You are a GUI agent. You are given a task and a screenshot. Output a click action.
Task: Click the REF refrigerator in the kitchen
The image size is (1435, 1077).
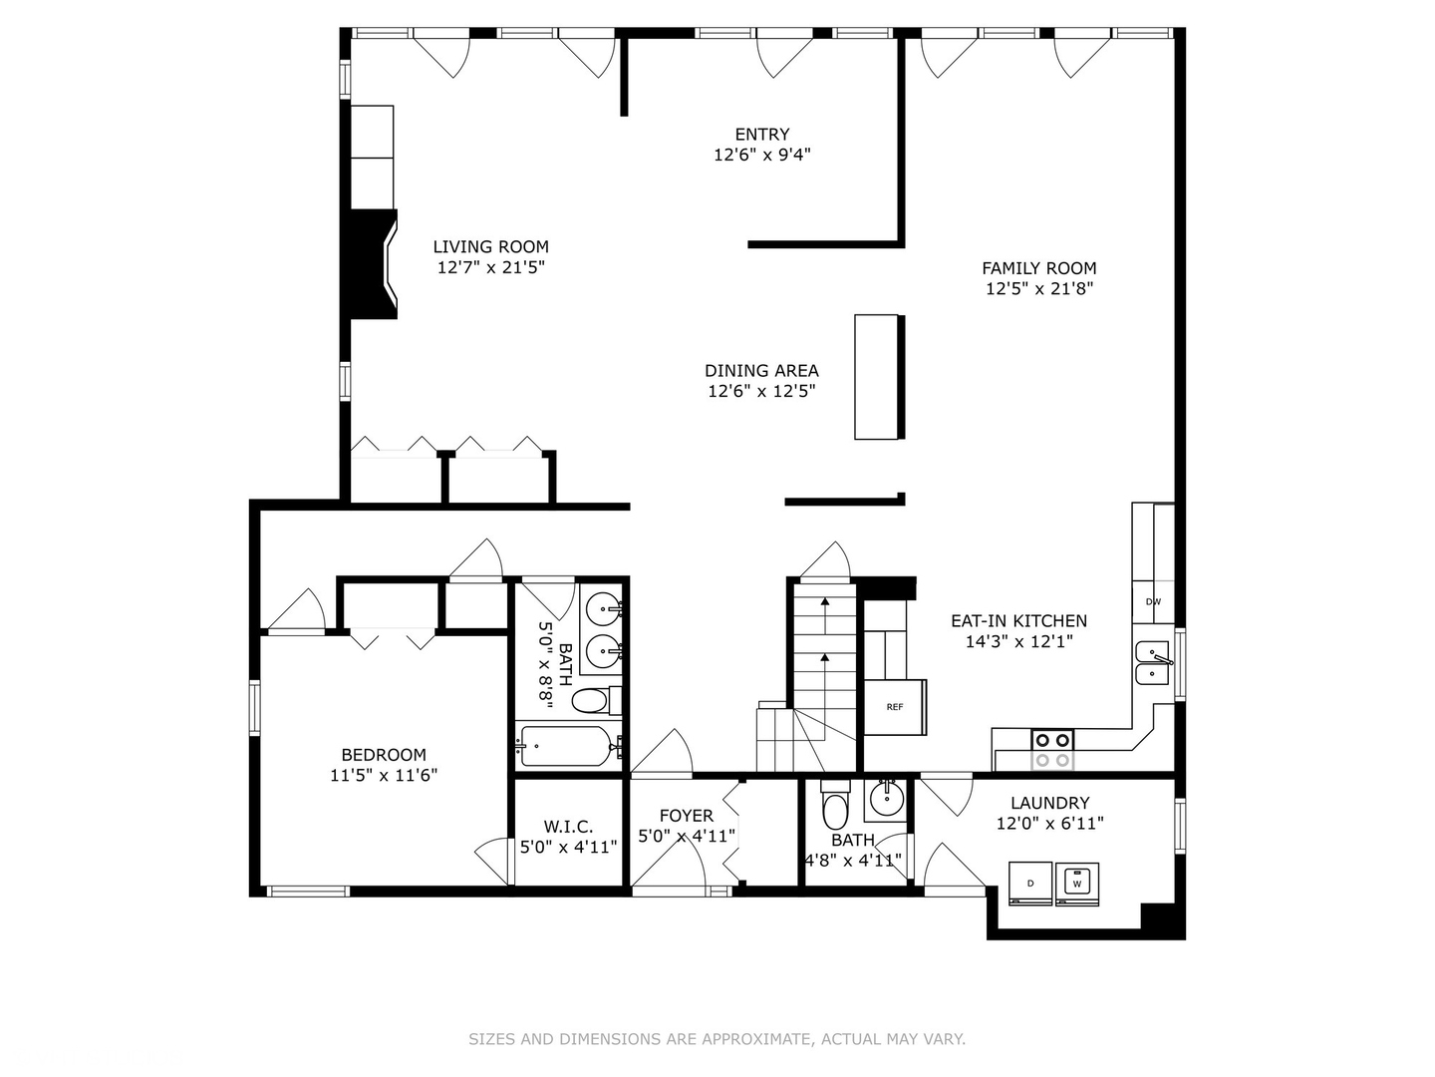pyautogui.click(x=895, y=707)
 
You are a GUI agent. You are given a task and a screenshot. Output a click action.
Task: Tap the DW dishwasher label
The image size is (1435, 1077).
pyautogui.click(x=1153, y=601)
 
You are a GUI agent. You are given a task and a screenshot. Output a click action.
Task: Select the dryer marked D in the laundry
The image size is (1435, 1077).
pyautogui.click(x=1030, y=884)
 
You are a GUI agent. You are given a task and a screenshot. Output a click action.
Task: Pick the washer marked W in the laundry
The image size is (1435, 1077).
pyautogui.click(x=1076, y=884)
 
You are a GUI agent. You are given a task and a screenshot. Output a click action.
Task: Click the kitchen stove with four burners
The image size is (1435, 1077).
pyautogui.click(x=1051, y=749)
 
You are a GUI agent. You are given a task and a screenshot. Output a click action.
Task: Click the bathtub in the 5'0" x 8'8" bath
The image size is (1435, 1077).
pyautogui.click(x=564, y=746)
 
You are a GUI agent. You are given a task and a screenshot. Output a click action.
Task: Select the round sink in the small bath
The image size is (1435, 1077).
pyautogui.click(x=884, y=799)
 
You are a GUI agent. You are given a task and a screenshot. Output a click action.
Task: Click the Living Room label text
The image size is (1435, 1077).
pyautogui.click(x=490, y=246)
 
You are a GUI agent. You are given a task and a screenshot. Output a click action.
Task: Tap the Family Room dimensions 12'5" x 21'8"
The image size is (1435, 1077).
pyautogui.click(x=1039, y=289)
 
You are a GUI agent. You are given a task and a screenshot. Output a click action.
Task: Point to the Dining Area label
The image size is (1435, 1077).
pyautogui.click(x=761, y=370)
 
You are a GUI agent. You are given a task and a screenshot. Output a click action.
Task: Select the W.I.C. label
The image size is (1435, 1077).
pyautogui.click(x=568, y=827)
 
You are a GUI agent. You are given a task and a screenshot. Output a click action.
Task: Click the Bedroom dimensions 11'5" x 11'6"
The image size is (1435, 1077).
pyautogui.click(x=384, y=775)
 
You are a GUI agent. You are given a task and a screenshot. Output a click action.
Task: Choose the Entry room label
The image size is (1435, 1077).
pyautogui.click(x=762, y=134)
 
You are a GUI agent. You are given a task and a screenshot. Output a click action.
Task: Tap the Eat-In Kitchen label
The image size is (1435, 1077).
pyautogui.click(x=1018, y=620)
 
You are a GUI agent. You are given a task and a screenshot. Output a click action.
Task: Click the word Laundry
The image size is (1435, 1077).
pyautogui.click(x=1049, y=803)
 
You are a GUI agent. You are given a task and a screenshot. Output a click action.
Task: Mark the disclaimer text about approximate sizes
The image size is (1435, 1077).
pyautogui.click(x=717, y=1039)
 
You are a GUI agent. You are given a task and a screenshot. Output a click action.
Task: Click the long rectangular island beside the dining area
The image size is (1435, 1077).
pyautogui.click(x=877, y=377)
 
